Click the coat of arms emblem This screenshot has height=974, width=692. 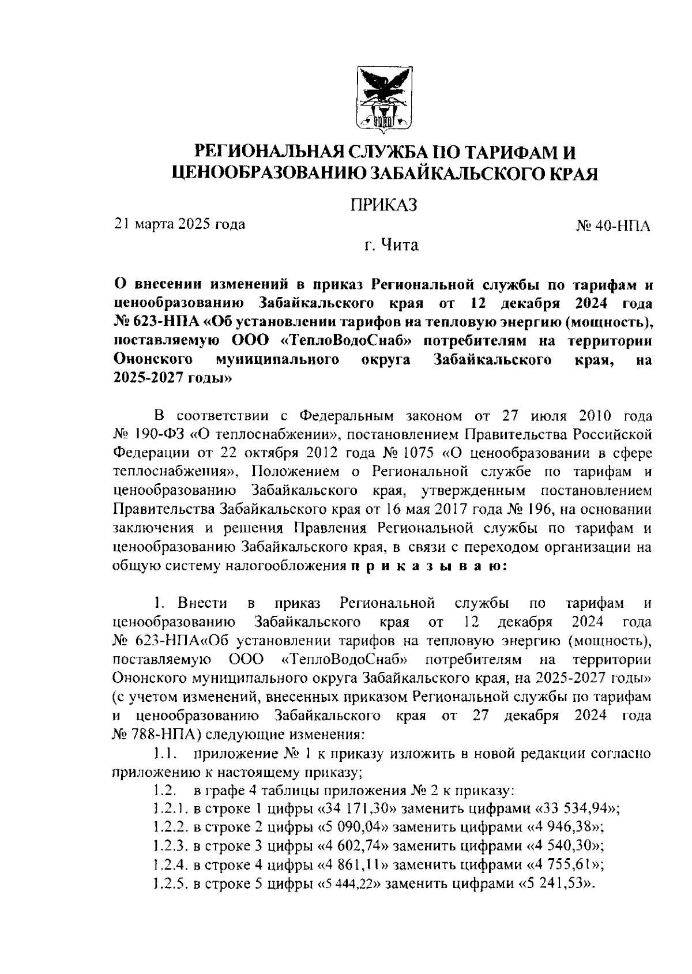[385, 99]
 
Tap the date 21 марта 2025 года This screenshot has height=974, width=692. [179, 224]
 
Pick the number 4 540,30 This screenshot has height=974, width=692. [565, 846]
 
